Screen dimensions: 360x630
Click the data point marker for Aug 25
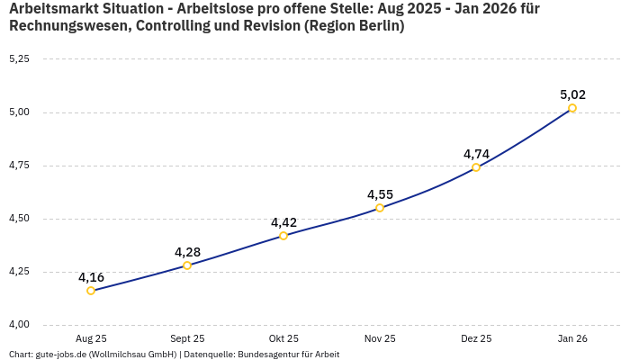coord(91,291)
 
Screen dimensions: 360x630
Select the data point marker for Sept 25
coord(187,265)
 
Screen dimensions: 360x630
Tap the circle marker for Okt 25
coord(283,236)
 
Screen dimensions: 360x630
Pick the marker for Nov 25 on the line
coord(380,208)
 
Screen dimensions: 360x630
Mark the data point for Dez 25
coord(476,167)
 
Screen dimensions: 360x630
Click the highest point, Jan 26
coord(572,108)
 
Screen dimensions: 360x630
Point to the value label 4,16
coord(91,277)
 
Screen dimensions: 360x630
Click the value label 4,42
coord(283,222)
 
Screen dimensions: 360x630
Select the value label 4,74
coord(476,154)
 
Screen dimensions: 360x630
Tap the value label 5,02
coord(572,94)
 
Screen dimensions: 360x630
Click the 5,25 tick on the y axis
coord(19,59)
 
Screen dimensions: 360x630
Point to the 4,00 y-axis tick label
coord(19,325)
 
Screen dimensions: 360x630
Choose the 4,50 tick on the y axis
coord(19,219)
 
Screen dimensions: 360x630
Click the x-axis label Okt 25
coord(283,338)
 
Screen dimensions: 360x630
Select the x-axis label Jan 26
coord(572,338)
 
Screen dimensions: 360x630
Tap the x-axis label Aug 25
coord(91,338)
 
